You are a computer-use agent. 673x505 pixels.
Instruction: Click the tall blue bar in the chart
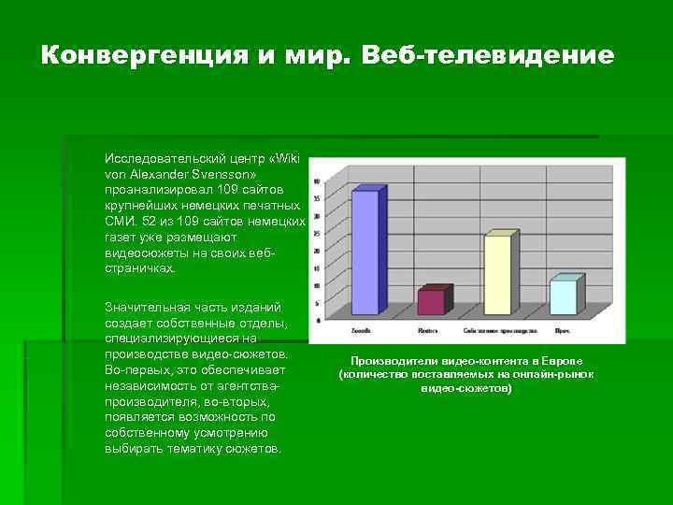365,252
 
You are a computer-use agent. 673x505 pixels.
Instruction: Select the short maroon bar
432,301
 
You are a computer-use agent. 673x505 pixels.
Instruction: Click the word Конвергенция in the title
143,56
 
